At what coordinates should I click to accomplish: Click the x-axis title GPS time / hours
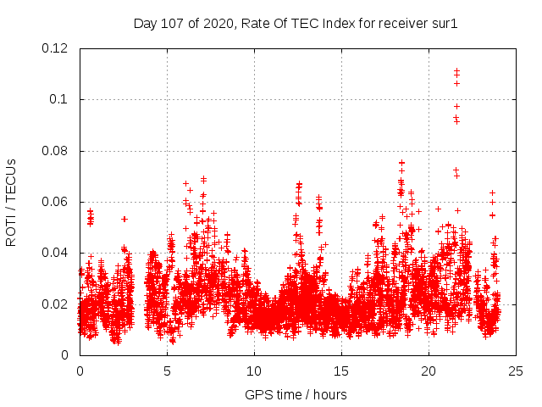pyautogui.click(x=296, y=394)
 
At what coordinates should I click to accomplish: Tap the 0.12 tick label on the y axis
pyautogui.click(x=57, y=48)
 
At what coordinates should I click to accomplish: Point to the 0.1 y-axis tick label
pyautogui.click(x=60, y=99)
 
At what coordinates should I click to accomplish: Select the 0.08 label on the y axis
pyautogui.click(x=57, y=151)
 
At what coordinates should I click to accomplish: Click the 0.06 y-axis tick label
pyautogui.click(x=57, y=202)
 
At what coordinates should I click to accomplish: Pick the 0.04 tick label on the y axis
pyautogui.click(x=57, y=253)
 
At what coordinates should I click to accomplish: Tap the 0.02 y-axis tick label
pyautogui.click(x=57, y=304)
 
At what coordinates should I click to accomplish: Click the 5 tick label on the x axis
pyautogui.click(x=168, y=371)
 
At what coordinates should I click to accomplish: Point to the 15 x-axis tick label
pyautogui.click(x=342, y=371)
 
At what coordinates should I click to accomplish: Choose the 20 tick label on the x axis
pyautogui.click(x=429, y=371)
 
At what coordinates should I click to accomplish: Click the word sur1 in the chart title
pyautogui.click(x=444, y=23)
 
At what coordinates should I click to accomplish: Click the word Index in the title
pyautogui.click(x=328, y=23)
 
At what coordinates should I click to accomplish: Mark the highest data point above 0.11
pyautogui.click(x=456, y=71)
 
